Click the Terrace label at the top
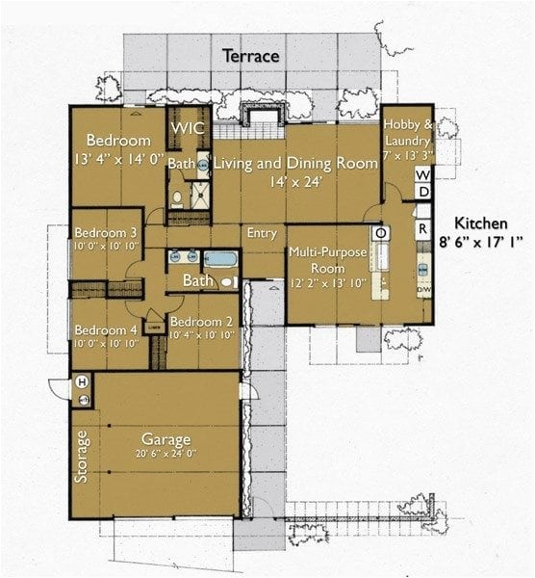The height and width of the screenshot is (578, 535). (251, 56)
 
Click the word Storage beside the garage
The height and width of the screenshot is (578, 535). (83, 456)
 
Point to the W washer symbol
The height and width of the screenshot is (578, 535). (422, 174)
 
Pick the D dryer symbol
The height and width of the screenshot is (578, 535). (422, 193)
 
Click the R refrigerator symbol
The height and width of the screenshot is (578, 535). (422, 228)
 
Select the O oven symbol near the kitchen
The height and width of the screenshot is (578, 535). (380, 233)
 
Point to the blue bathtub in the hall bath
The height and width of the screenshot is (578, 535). (220, 259)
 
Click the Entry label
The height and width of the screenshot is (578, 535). (262, 233)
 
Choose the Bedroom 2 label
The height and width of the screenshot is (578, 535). (201, 322)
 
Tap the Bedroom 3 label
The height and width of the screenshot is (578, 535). (106, 233)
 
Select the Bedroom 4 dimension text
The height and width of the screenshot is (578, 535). (106, 343)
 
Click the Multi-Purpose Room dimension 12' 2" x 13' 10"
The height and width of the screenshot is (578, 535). (329, 285)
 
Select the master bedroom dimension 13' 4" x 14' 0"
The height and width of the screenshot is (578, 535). (117, 159)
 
